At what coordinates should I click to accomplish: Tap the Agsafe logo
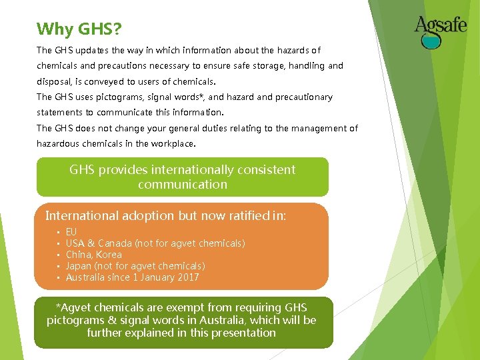click(440, 30)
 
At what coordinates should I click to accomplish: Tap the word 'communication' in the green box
click(182, 185)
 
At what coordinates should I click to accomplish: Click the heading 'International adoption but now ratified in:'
click(165, 215)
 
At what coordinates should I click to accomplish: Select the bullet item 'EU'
click(71, 232)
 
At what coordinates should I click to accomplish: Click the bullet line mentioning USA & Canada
click(155, 243)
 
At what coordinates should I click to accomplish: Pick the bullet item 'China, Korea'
click(93, 255)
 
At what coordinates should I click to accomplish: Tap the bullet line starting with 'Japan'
click(135, 266)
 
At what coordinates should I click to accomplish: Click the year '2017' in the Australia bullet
click(186, 277)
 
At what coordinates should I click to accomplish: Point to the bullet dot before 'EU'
click(58, 232)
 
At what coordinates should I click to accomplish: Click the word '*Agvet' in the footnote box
click(76, 308)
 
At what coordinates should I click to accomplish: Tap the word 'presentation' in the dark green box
click(242, 333)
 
